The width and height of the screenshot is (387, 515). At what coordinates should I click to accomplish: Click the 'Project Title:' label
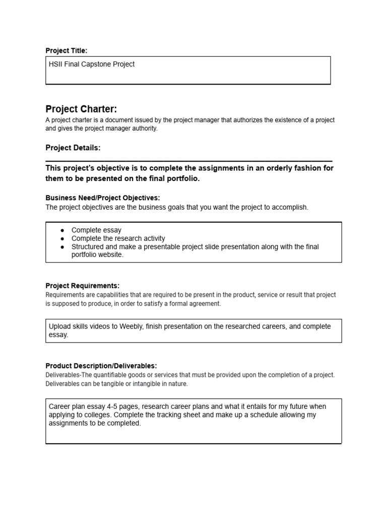tap(66, 50)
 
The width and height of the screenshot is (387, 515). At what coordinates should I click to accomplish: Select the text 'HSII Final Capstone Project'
tap(92, 64)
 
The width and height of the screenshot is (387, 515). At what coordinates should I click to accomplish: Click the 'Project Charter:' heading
tap(81, 109)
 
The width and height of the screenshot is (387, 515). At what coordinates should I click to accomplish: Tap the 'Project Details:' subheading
tap(73, 148)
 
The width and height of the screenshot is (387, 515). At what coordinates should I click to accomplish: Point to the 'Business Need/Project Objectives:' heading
tap(103, 198)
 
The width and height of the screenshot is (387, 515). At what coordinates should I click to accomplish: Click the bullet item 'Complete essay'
tap(96, 230)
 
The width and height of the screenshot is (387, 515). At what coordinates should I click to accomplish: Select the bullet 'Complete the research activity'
tap(118, 238)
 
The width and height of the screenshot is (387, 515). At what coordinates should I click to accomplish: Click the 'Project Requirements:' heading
tap(83, 286)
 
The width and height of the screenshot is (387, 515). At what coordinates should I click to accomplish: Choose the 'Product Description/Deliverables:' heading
tap(101, 366)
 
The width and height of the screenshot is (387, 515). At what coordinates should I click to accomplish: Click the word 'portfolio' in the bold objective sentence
tap(183, 178)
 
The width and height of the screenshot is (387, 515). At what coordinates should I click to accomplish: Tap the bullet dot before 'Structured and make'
tap(62, 247)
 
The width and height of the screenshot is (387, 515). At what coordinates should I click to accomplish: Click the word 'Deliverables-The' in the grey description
tap(71, 375)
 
